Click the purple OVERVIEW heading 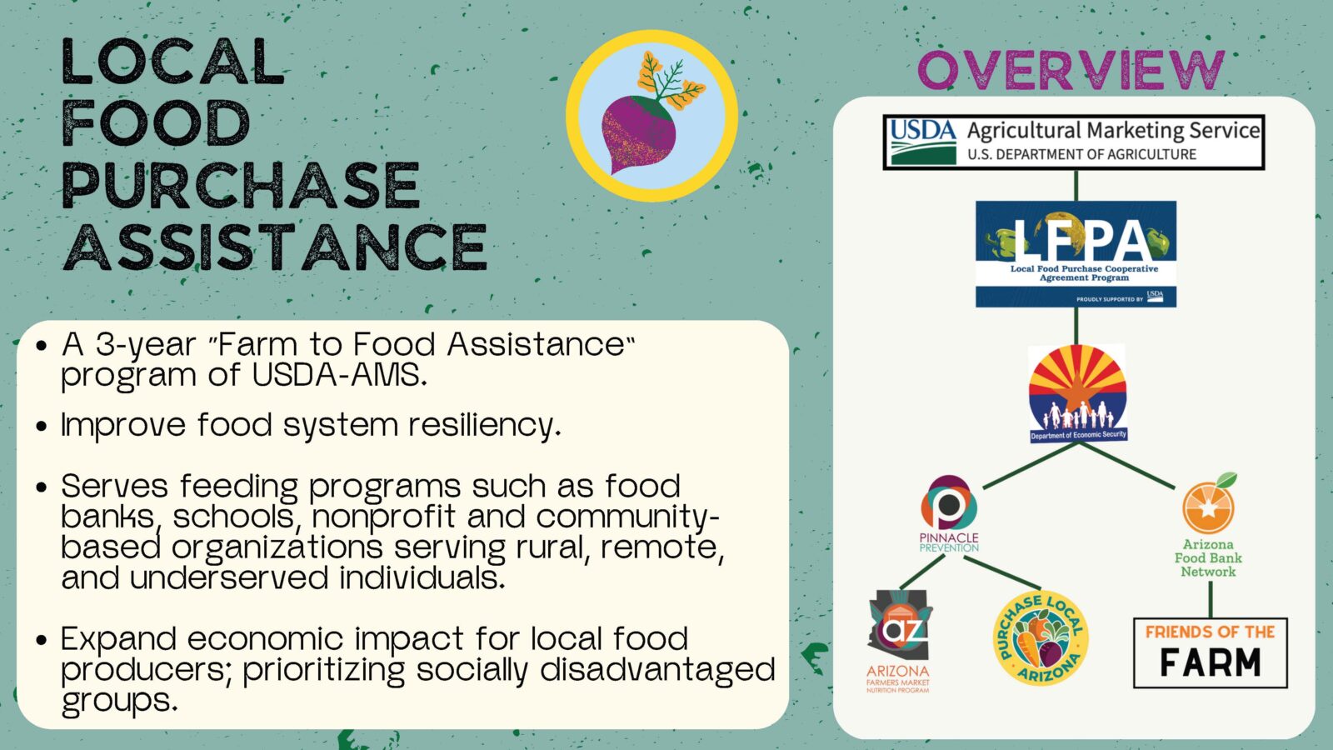click(x=1071, y=70)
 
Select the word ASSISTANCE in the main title click(x=274, y=247)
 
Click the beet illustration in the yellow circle click(x=652, y=115)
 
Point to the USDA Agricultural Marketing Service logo click(x=1074, y=142)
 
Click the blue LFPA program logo click(x=1076, y=254)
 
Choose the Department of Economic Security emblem click(x=1078, y=393)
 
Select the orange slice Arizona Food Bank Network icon click(x=1209, y=503)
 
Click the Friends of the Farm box click(x=1211, y=653)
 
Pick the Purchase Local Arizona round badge click(x=1041, y=638)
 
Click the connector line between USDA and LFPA click(x=1076, y=185)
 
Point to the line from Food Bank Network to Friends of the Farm click(x=1211, y=599)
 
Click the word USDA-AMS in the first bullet click(x=339, y=375)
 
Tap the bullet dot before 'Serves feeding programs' click(x=41, y=487)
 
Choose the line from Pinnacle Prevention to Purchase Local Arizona click(x=1002, y=572)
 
